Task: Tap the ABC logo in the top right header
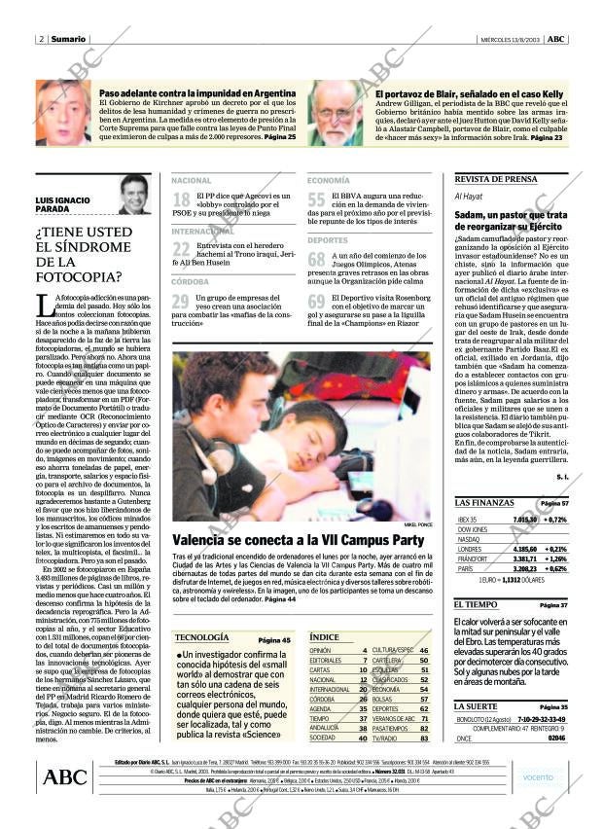555,39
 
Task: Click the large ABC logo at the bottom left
66,776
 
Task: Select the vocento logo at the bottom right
537,776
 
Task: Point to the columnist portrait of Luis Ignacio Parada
134,195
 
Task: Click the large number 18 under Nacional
181,200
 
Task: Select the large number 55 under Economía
316,200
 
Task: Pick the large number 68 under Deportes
316,259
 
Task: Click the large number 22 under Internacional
181,250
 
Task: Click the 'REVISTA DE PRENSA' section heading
495,180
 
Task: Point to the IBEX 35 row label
468,520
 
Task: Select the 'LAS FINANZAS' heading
484,502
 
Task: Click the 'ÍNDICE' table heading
324,636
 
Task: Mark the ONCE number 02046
555,739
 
